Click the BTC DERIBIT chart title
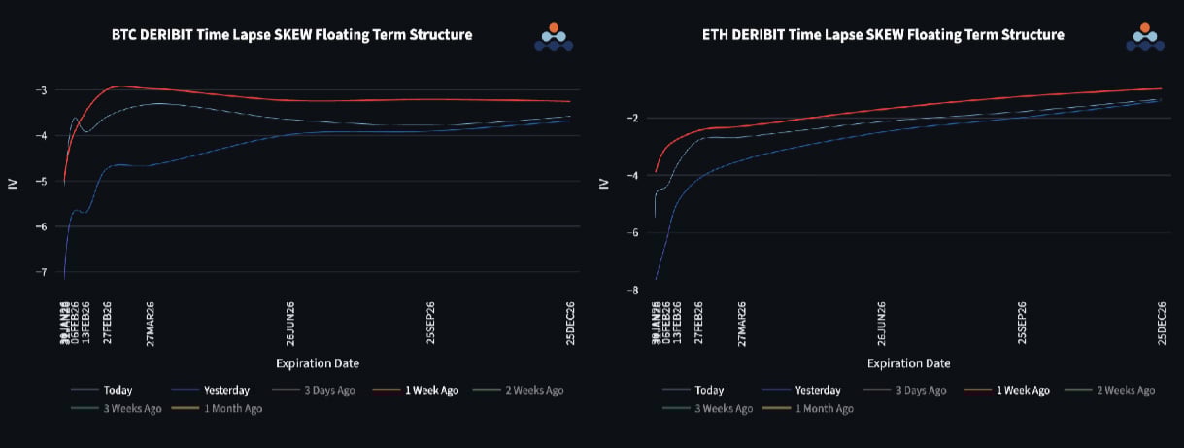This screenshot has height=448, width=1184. click(x=291, y=35)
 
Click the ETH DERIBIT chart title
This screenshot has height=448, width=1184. click(x=883, y=35)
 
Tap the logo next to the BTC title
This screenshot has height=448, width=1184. click(x=554, y=36)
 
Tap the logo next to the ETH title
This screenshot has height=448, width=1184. click(x=1145, y=36)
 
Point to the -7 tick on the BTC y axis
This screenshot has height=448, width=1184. click(x=39, y=272)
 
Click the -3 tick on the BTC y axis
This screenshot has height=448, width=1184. click(x=39, y=90)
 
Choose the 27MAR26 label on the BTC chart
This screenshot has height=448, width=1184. click(x=151, y=323)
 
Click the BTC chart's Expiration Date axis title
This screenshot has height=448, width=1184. click(x=318, y=363)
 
